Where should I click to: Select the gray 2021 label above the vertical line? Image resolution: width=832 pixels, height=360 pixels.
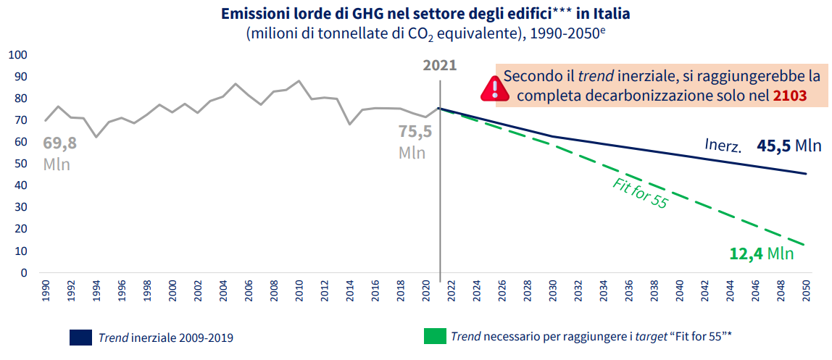point(440,65)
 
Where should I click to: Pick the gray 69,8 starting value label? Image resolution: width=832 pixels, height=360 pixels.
point(59,143)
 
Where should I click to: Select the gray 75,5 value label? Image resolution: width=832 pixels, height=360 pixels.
point(415,132)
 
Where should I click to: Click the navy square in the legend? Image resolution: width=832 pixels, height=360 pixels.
point(80,337)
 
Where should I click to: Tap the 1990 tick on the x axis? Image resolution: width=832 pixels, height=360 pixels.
point(45,292)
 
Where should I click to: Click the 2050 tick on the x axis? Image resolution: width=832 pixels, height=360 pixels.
point(805,292)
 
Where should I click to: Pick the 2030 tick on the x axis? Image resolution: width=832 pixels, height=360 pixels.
point(552,292)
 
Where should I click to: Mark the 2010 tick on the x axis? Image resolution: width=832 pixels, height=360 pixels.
point(299,292)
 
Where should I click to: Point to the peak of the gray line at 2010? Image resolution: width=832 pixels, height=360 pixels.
point(299,81)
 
